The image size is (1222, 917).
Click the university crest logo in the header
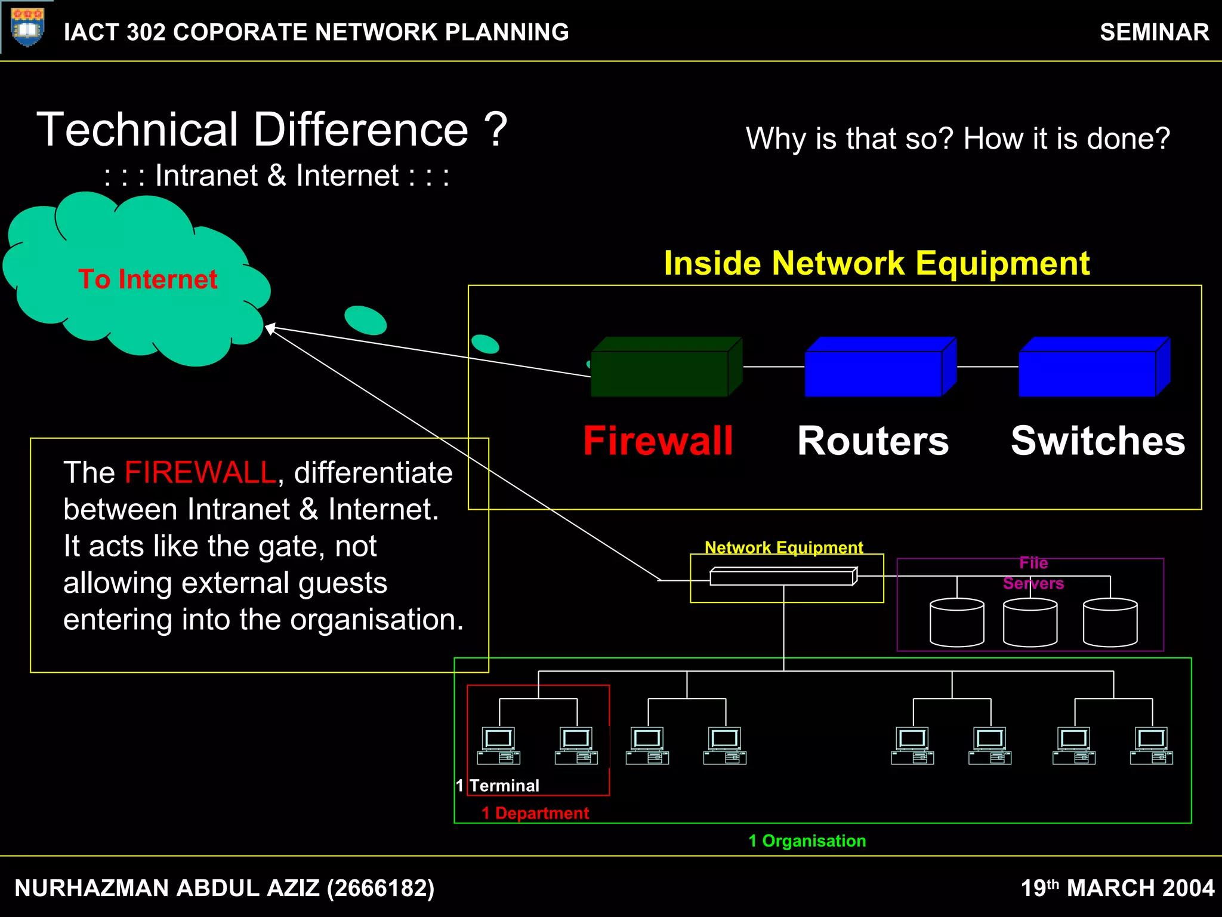(27, 27)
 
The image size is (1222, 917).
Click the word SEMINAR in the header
(1154, 32)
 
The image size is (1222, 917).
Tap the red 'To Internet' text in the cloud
(148, 279)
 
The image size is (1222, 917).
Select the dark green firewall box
(660, 374)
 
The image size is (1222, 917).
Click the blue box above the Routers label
(874, 374)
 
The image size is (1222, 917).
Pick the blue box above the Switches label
(1087, 374)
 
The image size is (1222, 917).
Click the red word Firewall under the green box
(658, 441)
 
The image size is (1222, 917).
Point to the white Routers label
(872, 441)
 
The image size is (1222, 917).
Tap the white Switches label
(1097, 441)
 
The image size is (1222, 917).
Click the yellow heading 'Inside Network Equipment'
(877, 263)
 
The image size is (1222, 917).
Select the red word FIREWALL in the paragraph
(200, 473)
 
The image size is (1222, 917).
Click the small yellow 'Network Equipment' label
(783, 547)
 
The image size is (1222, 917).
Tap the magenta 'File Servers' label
(1033, 573)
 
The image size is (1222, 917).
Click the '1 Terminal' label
(498, 786)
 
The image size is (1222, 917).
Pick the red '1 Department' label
(535, 813)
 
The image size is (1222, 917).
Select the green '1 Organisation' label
(807, 841)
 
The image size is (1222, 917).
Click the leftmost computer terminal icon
(499, 746)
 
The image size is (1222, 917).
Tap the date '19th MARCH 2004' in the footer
(1117, 888)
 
